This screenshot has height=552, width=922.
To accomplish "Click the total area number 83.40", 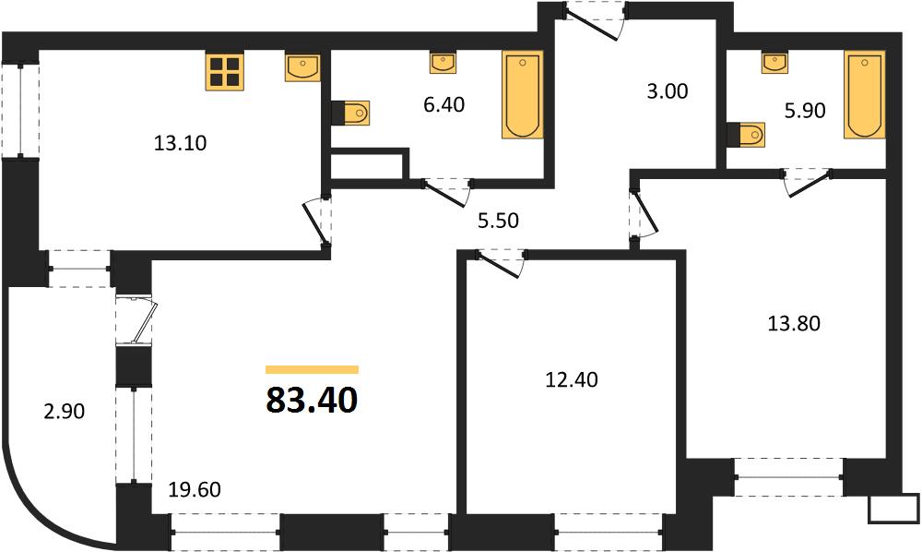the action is click(x=312, y=401).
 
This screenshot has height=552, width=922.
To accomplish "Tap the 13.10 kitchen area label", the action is click(x=180, y=143).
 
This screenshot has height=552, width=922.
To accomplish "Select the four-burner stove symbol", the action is click(x=225, y=71).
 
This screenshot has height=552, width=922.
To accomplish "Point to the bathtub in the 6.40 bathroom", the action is click(x=522, y=95).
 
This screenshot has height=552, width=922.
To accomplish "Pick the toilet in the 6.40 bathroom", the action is click(x=350, y=113).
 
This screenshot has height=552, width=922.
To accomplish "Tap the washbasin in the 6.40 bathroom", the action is click(x=443, y=63).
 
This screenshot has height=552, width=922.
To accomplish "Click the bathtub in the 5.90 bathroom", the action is click(x=865, y=95).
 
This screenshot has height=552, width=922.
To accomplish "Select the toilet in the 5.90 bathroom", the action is click(x=746, y=135).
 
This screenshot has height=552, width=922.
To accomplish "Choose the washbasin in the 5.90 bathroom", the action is click(x=775, y=63).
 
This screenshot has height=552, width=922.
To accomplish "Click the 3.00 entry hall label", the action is click(x=667, y=91).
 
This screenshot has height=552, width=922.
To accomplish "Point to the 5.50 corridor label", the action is click(x=498, y=221).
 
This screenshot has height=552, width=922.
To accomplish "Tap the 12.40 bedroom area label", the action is click(x=572, y=380).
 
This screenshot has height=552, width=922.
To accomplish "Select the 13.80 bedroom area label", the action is click(x=794, y=324).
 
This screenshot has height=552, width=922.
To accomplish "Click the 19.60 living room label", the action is click(x=195, y=489).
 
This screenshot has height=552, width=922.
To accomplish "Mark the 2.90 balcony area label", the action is click(x=65, y=412).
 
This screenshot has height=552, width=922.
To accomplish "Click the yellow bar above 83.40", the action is click(x=312, y=369).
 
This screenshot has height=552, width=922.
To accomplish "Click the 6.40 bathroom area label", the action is click(x=444, y=104).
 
